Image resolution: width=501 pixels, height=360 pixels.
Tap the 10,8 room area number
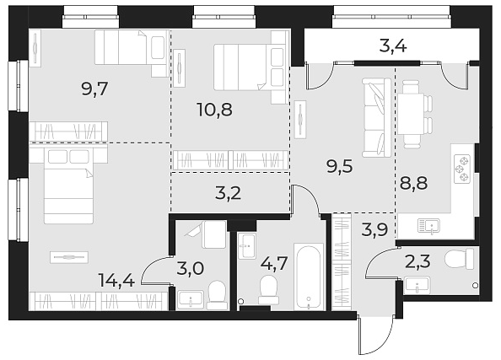point(212,110)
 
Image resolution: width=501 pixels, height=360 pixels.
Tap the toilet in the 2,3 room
point(459,259)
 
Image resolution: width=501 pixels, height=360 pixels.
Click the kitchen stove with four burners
point(463,169)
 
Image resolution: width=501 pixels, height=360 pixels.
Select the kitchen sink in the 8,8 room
point(427,225)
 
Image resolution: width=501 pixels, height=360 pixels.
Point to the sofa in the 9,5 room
point(372,117)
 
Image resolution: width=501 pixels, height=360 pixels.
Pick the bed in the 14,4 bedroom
point(67,188)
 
